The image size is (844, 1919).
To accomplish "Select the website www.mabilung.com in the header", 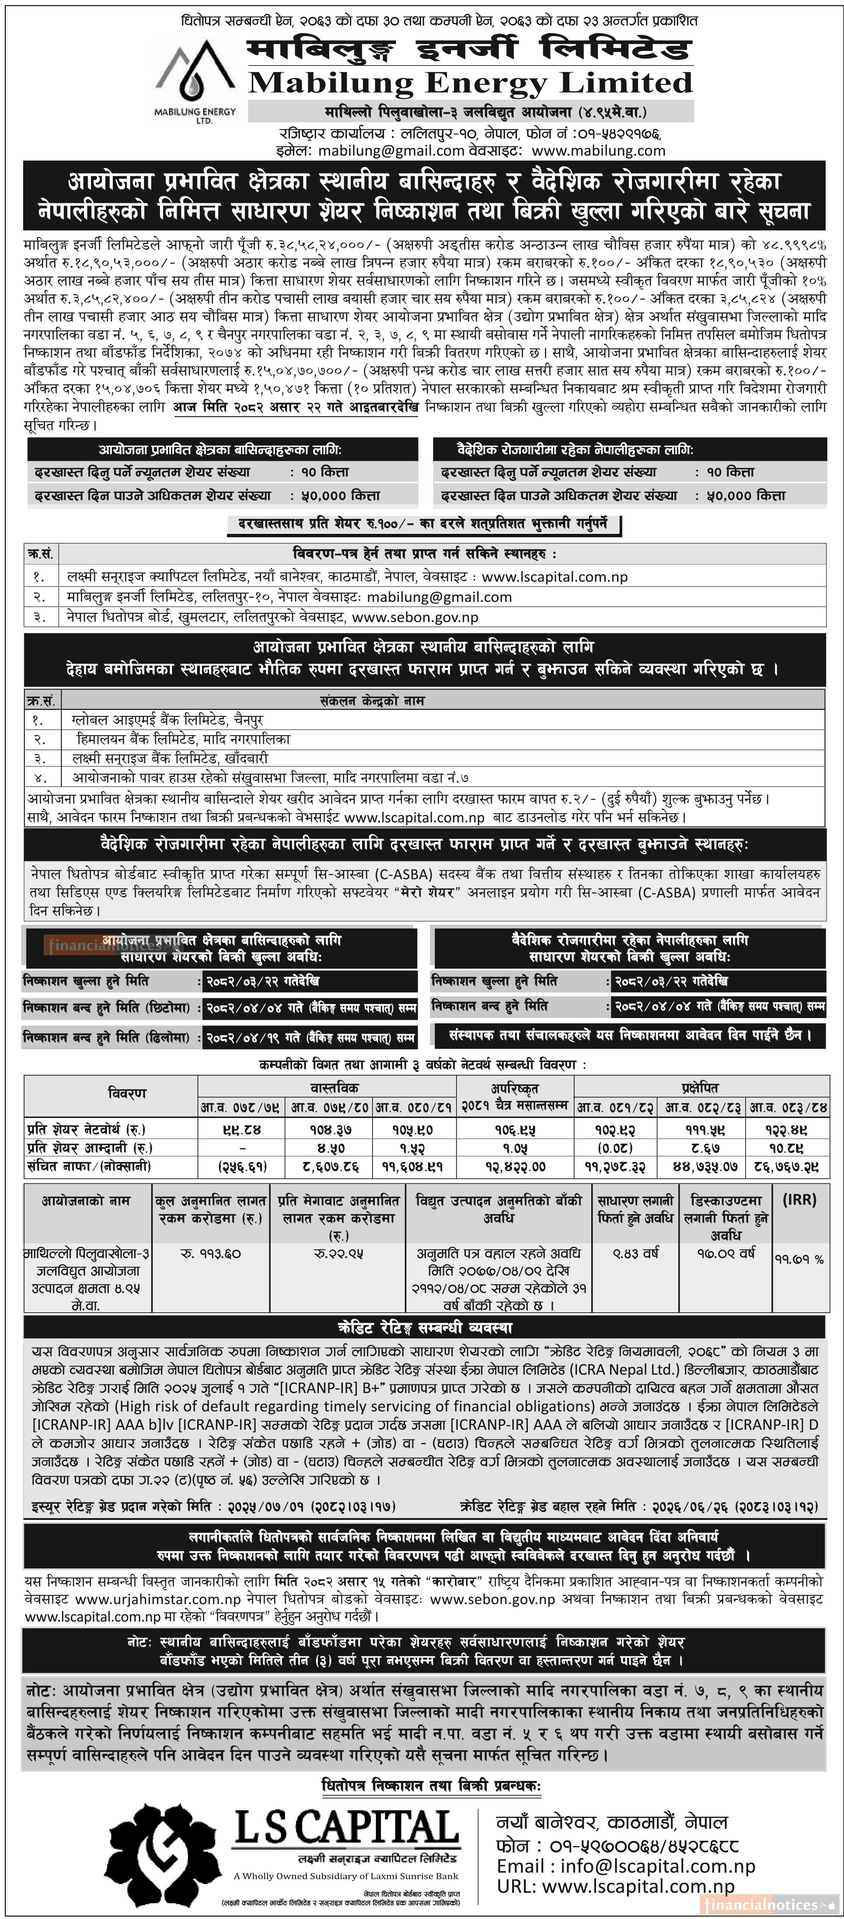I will coord(598,150).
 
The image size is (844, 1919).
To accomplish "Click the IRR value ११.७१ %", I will coord(799,1259).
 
